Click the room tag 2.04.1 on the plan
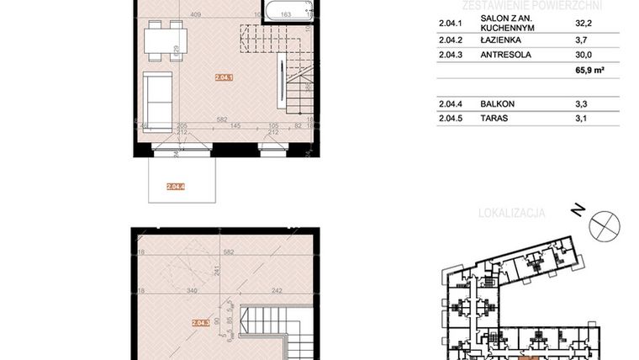pyautogui.click(x=224, y=77)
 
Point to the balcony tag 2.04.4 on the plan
pyautogui.click(x=176, y=187)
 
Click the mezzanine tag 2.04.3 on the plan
pyautogui.click(x=200, y=322)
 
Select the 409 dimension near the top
pyautogui.click(x=196, y=14)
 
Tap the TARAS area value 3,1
pyautogui.click(x=592, y=119)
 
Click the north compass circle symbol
pyautogui.click(x=605, y=225)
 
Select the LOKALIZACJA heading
pyautogui.click(x=511, y=213)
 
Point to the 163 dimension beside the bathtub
pyautogui.click(x=286, y=14)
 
